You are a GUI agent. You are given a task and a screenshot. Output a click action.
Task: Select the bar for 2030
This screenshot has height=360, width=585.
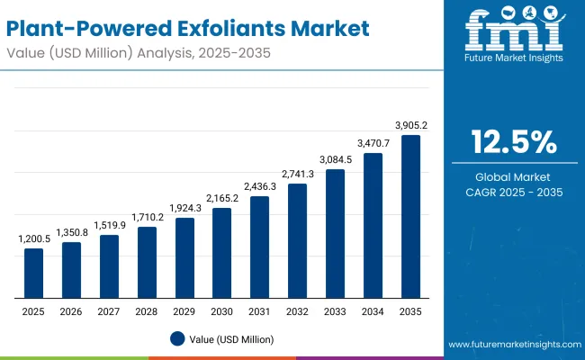point(221,254)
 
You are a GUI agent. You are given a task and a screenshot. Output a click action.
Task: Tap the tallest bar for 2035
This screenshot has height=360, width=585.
point(410,217)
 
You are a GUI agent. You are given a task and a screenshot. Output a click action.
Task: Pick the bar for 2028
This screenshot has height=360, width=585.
point(147,263)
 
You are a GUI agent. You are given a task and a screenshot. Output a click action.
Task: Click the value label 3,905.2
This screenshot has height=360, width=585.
point(410,125)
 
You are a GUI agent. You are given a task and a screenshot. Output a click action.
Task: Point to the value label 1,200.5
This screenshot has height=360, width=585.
point(33,238)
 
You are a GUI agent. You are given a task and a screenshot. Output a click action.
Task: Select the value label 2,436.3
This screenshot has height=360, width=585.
point(259,186)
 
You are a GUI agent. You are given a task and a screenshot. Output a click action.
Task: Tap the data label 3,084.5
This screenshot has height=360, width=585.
point(335,159)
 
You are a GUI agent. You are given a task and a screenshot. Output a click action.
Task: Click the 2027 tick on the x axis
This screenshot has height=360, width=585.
point(109,310)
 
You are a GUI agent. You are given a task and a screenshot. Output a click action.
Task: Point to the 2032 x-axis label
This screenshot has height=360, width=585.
point(297,310)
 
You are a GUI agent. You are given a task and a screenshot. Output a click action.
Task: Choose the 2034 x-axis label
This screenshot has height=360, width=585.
point(373,310)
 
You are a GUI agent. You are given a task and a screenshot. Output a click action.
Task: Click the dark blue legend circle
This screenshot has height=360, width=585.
point(177,338)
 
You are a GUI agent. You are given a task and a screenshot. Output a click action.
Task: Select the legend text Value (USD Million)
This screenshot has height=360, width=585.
point(231,339)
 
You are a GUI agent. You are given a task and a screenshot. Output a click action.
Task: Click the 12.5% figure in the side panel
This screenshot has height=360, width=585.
point(514,142)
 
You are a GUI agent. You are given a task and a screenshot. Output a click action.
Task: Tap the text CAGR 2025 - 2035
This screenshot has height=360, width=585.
point(514,192)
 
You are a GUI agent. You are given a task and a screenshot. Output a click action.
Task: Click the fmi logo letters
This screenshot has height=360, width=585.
point(514,33)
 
